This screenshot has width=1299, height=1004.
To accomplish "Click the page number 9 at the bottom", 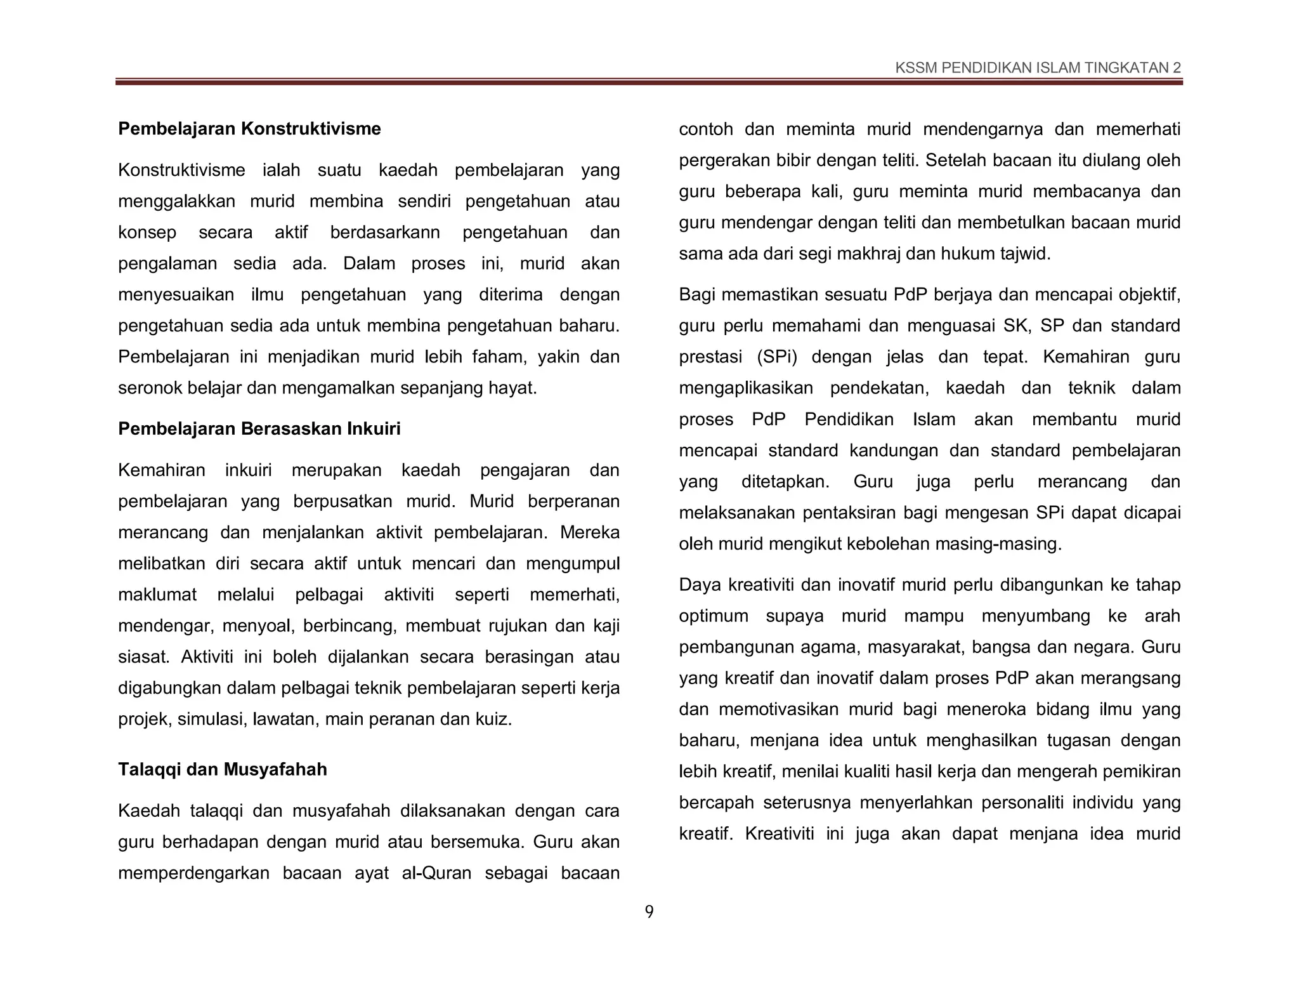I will (x=649, y=912).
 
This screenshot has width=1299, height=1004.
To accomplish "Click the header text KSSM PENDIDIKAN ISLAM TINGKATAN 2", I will (x=1038, y=68).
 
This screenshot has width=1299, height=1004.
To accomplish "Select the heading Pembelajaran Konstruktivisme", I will (x=249, y=129).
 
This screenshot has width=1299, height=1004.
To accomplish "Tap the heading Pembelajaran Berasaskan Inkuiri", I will (x=259, y=429).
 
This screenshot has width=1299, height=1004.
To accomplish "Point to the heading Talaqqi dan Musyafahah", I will (x=223, y=769).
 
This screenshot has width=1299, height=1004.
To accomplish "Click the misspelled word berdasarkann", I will (x=385, y=232).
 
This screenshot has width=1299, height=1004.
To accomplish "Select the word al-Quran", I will (x=436, y=873).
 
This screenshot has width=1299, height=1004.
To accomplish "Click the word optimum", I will (x=714, y=616).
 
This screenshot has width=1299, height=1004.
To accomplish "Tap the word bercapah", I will (x=715, y=803).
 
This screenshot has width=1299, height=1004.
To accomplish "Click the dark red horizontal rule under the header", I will (x=649, y=82).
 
